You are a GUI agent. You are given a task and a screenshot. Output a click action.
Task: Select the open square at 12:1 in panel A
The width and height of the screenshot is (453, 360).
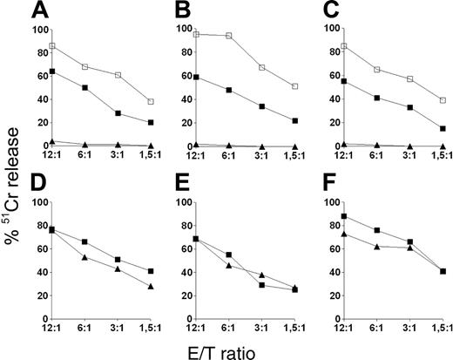pyautogui.click(x=52, y=45)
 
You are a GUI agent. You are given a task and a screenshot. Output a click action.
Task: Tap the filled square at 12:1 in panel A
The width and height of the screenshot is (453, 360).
pyautogui.click(x=52, y=71)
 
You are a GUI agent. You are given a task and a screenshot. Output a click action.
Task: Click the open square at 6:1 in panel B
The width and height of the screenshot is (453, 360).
pyautogui.click(x=228, y=36)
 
